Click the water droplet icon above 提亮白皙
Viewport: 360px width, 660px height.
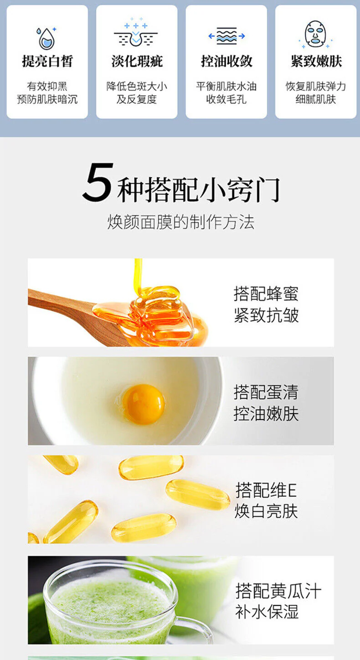point(46,38)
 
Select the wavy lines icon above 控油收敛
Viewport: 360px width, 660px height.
point(226,36)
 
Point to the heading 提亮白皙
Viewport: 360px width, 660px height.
point(47,61)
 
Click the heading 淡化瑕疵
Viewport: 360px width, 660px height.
point(137,61)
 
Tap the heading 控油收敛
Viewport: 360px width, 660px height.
point(226,61)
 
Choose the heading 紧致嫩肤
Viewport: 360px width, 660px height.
point(316,61)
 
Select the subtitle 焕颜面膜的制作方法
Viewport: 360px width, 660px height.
point(180,222)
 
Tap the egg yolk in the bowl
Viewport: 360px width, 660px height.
point(144,404)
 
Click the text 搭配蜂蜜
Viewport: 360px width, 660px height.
point(266,294)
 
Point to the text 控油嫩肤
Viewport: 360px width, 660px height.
point(266,414)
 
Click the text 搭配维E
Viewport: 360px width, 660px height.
point(266,490)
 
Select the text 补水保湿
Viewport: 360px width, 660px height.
point(267,612)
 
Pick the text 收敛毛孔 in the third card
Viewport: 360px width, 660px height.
point(226,99)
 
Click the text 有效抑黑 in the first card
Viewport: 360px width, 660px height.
point(47,86)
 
